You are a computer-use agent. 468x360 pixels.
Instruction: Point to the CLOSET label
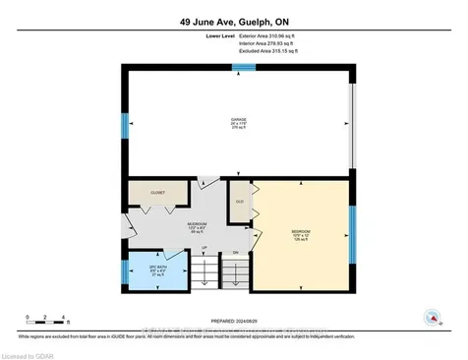click(x=158, y=194)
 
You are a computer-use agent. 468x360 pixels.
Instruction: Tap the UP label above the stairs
click(x=204, y=247)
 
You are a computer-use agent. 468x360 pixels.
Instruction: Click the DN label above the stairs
click(x=234, y=254)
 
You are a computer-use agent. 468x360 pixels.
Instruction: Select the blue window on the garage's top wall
click(x=244, y=67)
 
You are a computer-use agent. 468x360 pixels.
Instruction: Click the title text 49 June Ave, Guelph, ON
click(x=234, y=21)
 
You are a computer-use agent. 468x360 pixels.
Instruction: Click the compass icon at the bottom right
click(x=431, y=317)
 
